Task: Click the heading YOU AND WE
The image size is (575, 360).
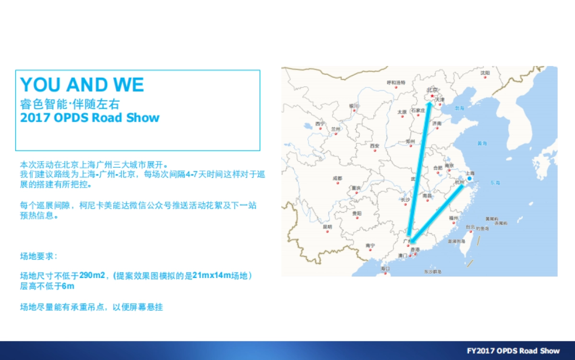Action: [82, 85]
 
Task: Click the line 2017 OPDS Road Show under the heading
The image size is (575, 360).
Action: [90, 118]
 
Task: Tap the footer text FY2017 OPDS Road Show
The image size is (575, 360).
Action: [513, 351]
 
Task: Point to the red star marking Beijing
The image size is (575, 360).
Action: [432, 96]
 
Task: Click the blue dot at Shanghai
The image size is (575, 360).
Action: [470, 179]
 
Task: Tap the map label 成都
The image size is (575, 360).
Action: [337, 178]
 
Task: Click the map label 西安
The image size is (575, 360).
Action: [375, 146]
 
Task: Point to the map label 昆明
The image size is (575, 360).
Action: [327, 227]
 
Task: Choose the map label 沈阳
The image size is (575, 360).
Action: [485, 72]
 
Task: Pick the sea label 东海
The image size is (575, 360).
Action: [495, 183]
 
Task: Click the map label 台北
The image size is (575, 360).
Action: [470, 227]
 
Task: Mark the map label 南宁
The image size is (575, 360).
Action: [370, 245]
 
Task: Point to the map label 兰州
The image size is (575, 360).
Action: [335, 129]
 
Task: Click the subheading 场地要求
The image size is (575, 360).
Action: [38, 256]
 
